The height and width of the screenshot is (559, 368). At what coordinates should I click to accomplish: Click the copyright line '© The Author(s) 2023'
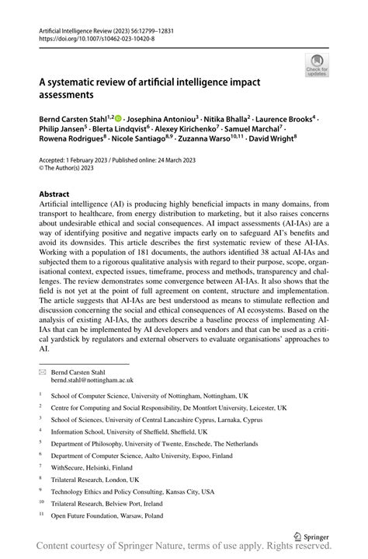[68, 169]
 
